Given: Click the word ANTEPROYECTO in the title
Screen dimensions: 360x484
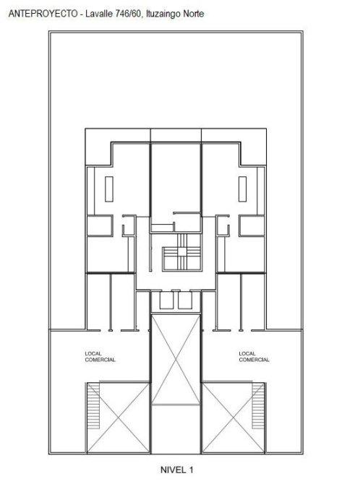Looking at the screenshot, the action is (43, 14).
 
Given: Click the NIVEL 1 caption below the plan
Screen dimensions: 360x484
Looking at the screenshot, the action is (177, 470).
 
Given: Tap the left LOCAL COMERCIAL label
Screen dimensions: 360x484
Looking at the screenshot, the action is (100, 357).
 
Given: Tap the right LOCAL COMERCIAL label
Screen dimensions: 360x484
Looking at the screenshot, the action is (254, 357).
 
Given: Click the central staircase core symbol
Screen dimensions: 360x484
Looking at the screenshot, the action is (182, 252).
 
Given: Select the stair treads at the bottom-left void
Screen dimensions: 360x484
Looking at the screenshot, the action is (93, 406).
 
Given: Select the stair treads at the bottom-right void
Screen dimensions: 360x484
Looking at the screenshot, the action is (258, 406).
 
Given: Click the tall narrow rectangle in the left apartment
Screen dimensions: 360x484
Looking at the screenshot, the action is (108, 189).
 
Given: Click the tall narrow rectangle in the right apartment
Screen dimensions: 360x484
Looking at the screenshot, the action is (243, 189).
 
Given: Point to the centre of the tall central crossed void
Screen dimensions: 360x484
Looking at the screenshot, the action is (176, 359).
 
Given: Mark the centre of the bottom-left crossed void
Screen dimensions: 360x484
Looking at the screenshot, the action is (119, 418).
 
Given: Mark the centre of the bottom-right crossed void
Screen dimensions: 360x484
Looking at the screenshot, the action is (233, 418).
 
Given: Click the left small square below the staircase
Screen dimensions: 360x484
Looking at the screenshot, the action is (166, 300).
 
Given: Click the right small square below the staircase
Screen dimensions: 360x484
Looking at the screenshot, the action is (185, 300).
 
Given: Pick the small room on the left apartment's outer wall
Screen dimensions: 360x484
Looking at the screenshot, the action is (100, 225).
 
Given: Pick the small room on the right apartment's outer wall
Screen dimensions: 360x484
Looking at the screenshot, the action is (252, 225).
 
